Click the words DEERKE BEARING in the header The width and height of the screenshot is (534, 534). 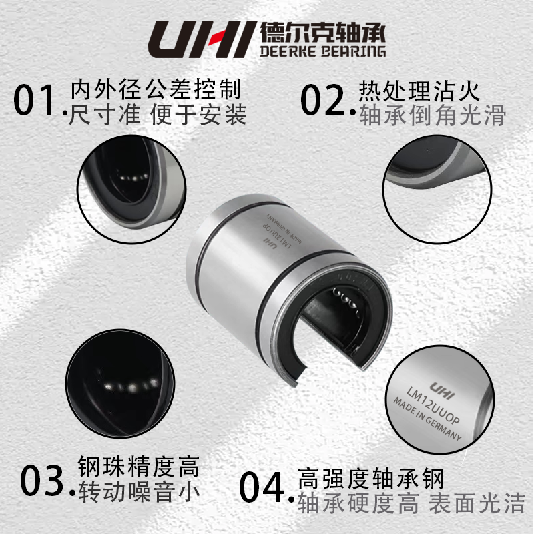(x=320, y=51)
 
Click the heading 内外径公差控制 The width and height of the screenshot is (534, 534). (x=156, y=89)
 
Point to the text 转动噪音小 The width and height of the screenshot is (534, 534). (x=139, y=493)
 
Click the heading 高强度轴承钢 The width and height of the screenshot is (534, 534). (x=370, y=478)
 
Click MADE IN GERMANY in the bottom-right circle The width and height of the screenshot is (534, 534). (x=427, y=421)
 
